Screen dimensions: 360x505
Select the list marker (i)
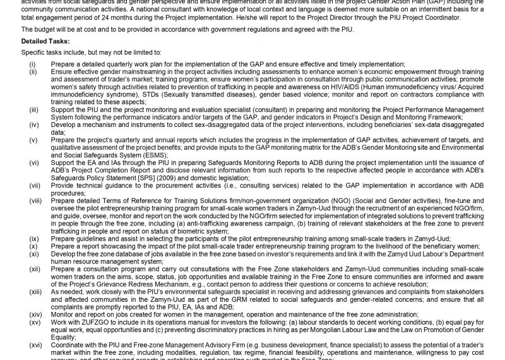tap(32, 64)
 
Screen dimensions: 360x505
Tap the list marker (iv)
tap(34, 125)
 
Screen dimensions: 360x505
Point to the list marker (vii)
tap(35, 186)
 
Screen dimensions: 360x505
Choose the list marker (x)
tap(33, 246)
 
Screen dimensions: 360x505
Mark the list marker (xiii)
tap(35, 292)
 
